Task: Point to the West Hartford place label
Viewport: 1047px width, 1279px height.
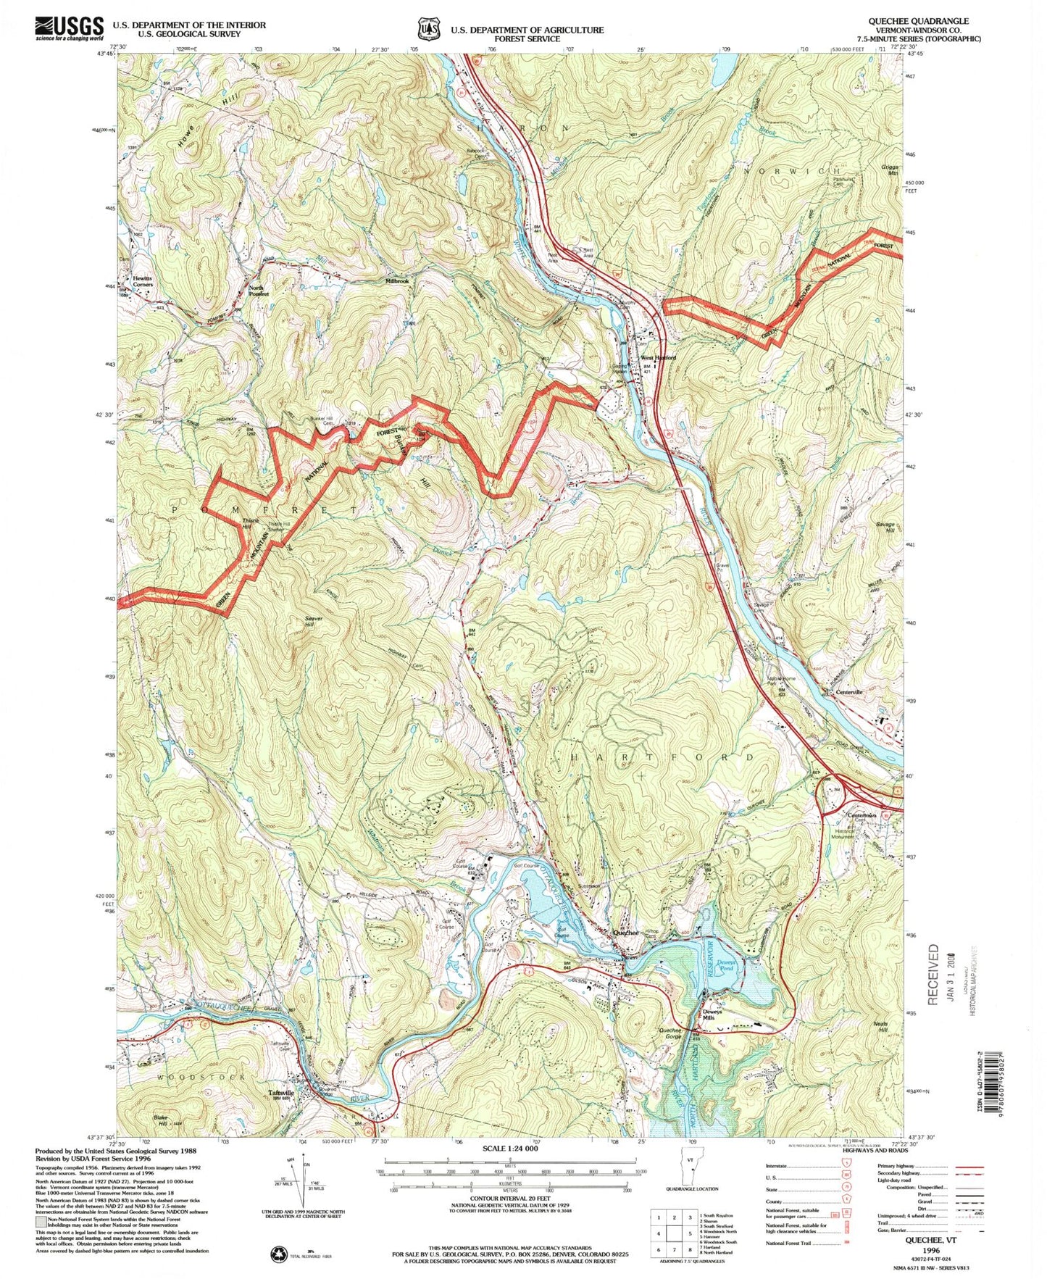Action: coord(657,358)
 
